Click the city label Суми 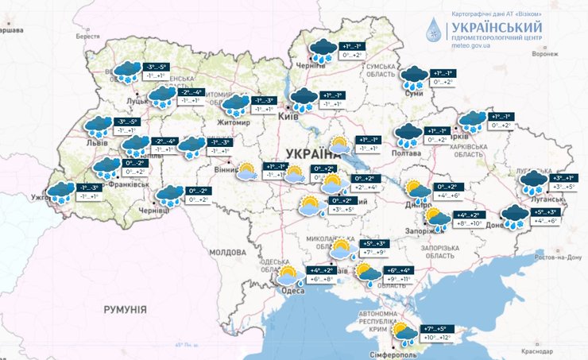pos(412,93)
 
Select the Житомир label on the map pos(234,123)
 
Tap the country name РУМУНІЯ pos(126,308)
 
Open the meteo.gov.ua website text pos(470,45)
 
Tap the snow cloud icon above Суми pos(413,77)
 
